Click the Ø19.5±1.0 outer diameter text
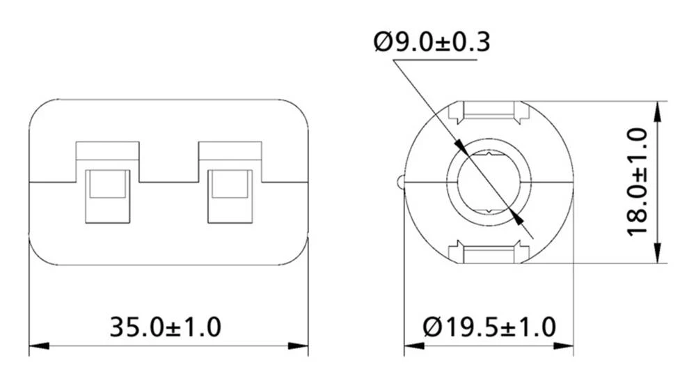click(489, 326)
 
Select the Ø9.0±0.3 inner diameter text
click(432, 42)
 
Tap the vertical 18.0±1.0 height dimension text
click(638, 182)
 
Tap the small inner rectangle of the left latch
click(107, 185)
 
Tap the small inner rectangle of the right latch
click(230, 185)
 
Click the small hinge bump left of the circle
click(400, 182)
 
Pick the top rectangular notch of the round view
click(488, 110)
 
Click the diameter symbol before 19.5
click(433, 326)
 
